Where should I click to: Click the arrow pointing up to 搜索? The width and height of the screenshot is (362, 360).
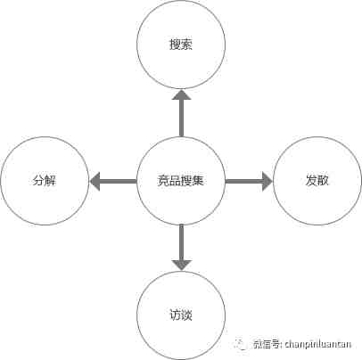pyautogui.click(x=181, y=113)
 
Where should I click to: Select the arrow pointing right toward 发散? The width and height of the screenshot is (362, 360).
pyautogui.click(x=249, y=181)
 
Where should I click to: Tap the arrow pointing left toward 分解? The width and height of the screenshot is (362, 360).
pyautogui.click(x=113, y=181)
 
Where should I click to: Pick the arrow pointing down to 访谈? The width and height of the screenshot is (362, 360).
pyautogui.click(x=181, y=248)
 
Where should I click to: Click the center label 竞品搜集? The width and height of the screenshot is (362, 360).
pyautogui.click(x=181, y=181)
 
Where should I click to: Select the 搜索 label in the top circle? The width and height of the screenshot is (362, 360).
pyautogui.click(x=181, y=45)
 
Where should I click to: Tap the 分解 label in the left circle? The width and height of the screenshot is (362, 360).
pyautogui.click(x=45, y=181)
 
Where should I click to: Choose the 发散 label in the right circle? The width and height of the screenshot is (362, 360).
pyautogui.click(x=317, y=181)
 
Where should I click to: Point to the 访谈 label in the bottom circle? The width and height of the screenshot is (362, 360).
pyautogui.click(x=181, y=315)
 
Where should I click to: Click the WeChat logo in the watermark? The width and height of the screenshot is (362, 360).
pyautogui.click(x=241, y=344)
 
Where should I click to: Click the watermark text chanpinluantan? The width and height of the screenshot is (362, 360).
pyautogui.click(x=318, y=344)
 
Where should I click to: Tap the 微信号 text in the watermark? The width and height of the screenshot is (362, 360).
pyautogui.click(x=266, y=344)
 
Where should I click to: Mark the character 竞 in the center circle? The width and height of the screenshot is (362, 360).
pyautogui.click(x=163, y=181)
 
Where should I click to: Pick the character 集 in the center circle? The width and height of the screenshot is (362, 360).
pyautogui.click(x=198, y=181)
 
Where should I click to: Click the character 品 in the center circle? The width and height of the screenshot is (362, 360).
pyautogui.click(x=175, y=181)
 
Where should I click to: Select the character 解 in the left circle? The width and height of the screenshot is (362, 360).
pyautogui.click(x=51, y=181)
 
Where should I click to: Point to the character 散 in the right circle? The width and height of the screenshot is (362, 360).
pyautogui.click(x=323, y=181)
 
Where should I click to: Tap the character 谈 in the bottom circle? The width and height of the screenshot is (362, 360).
pyautogui.click(x=186, y=315)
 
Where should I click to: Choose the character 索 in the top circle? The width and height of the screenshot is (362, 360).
pyautogui.click(x=186, y=45)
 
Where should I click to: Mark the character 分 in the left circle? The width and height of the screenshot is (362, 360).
pyautogui.click(x=38, y=181)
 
